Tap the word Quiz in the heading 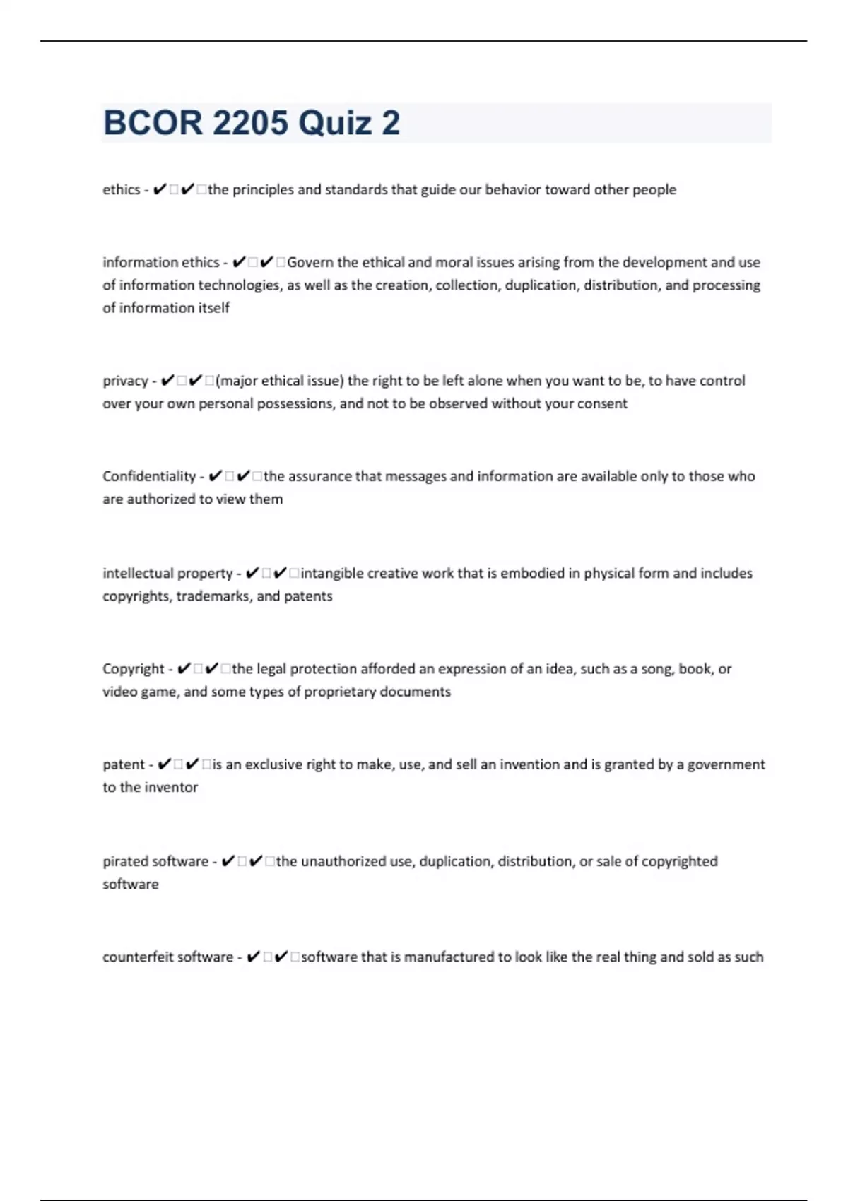coord(335,123)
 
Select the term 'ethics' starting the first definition coord(122,189)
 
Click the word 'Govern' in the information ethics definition coord(310,262)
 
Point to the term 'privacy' coord(125,381)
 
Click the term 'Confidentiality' coord(149,476)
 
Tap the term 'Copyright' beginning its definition coord(134,669)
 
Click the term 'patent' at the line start coord(124,764)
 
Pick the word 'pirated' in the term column coord(125,861)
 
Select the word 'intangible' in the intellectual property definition coord(332,573)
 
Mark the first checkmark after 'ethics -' coord(160,189)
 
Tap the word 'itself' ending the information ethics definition coord(213,308)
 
